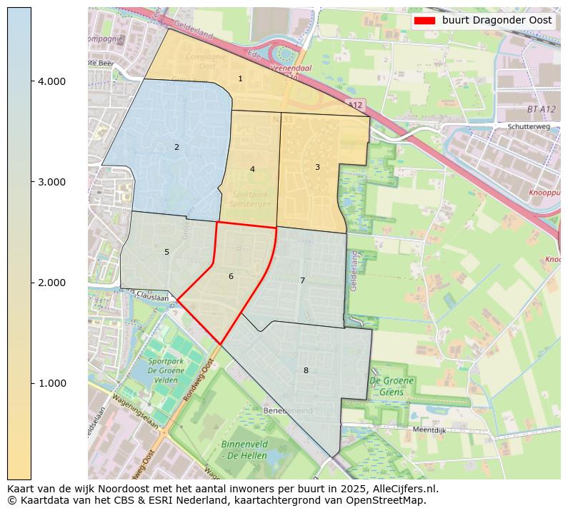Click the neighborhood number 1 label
[x=240, y=78]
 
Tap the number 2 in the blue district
[x=176, y=147]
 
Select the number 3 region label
[x=317, y=167]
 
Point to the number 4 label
[x=252, y=169]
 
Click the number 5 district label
[x=166, y=252]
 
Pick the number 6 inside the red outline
[x=231, y=276]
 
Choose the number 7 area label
[x=302, y=280]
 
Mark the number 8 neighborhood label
[x=306, y=370]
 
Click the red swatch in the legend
[x=424, y=21]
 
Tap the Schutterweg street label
[x=527, y=126]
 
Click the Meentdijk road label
[x=429, y=430]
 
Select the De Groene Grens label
[x=391, y=386]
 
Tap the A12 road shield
[x=356, y=106]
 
